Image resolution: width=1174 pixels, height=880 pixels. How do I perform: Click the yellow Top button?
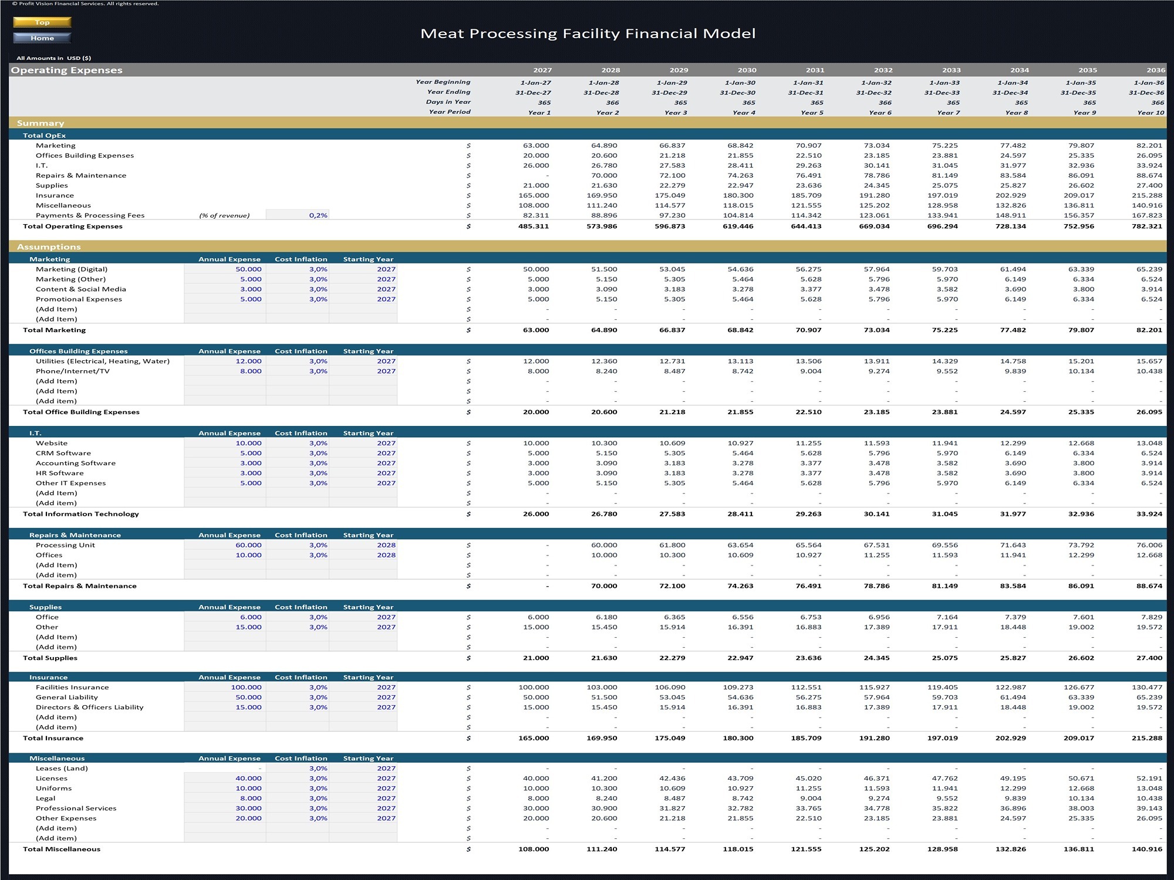(42, 22)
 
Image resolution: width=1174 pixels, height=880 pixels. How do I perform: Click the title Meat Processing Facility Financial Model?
(588, 33)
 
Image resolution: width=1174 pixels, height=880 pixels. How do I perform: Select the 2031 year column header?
(815, 70)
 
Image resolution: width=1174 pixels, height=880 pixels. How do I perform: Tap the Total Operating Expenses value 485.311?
(534, 226)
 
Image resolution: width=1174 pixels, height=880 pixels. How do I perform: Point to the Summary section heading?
(41, 123)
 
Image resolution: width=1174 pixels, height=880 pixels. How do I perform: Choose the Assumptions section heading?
(49, 247)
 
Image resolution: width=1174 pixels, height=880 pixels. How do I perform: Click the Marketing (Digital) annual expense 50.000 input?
(248, 269)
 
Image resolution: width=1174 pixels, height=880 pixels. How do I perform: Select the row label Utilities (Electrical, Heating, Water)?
(103, 361)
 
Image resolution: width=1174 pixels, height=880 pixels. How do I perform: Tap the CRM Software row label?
(63, 453)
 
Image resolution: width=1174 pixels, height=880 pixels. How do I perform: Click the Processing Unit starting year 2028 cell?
(386, 545)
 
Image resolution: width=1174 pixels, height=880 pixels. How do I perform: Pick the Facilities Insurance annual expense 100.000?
(246, 688)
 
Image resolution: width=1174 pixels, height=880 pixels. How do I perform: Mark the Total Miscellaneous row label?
(62, 849)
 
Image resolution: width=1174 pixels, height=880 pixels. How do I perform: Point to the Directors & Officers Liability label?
(89, 708)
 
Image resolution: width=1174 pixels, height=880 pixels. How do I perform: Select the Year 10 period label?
(1151, 113)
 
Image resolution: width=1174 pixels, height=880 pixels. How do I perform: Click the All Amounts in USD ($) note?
(53, 58)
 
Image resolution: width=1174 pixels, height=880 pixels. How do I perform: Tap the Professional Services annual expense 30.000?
(248, 808)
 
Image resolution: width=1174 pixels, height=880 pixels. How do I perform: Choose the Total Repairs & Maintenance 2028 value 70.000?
(604, 586)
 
